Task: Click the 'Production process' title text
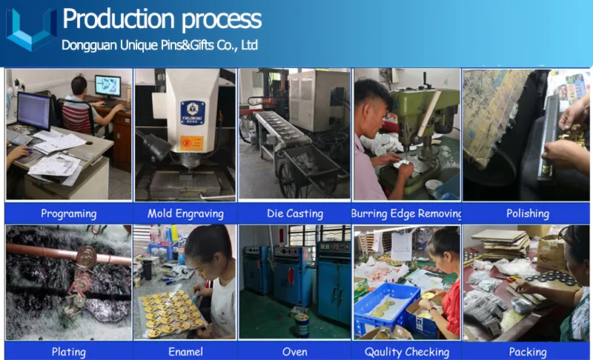click(x=162, y=19)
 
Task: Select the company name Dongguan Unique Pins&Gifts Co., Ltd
click(x=159, y=45)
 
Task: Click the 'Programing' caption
click(x=68, y=213)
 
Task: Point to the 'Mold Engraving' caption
click(x=185, y=213)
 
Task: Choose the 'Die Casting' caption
click(x=295, y=213)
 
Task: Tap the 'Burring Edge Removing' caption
click(x=406, y=213)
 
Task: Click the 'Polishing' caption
click(x=527, y=213)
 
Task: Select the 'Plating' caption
click(x=68, y=352)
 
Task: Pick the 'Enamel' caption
click(x=185, y=352)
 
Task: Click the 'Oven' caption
click(x=295, y=352)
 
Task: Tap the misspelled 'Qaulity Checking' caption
click(x=406, y=352)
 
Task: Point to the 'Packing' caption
click(x=527, y=352)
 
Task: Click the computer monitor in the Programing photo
click(x=34, y=111)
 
